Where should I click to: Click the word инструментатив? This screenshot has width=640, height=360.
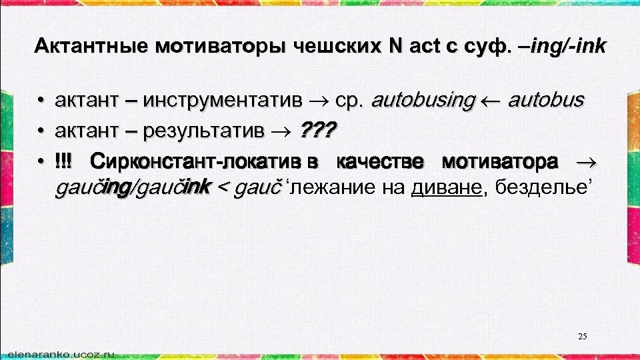[224, 101]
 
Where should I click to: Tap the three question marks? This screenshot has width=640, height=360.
[319, 131]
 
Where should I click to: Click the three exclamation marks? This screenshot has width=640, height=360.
[65, 161]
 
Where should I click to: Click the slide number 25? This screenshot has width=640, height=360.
[583, 336]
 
